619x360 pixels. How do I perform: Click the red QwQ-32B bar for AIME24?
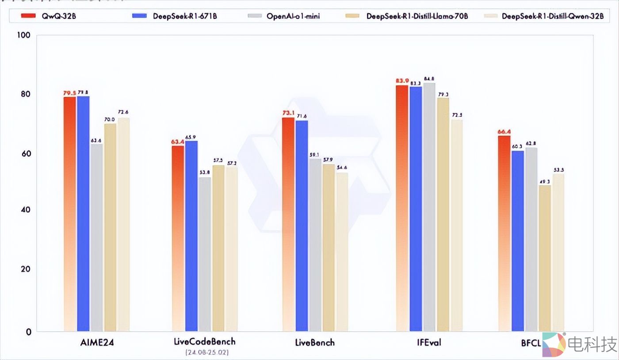coord(69,212)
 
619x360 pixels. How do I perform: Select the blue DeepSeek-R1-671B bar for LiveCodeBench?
coord(191,234)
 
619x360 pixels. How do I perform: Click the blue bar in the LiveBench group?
coord(302,226)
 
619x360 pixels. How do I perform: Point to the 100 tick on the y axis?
coord(23,35)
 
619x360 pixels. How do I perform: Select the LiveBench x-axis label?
coord(314,342)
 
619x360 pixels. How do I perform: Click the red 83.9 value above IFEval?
coord(402,80)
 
